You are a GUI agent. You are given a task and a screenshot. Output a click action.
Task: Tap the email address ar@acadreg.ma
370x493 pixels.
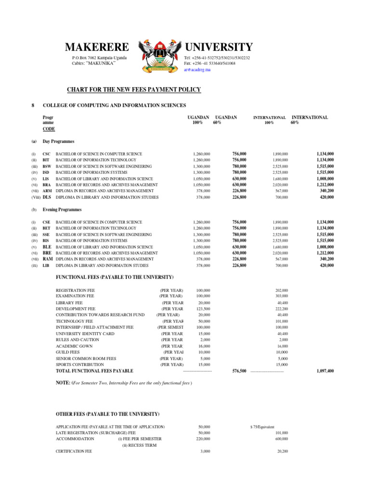point(197,70)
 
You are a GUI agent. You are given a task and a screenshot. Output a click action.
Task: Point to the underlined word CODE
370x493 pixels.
point(49,129)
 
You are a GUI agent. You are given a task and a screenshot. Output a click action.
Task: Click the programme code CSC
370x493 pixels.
point(46,154)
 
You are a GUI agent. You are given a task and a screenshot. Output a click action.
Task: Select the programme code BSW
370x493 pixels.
point(47,166)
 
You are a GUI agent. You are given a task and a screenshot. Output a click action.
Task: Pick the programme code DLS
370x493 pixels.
point(47,197)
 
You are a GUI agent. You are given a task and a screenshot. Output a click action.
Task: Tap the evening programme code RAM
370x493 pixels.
point(47,259)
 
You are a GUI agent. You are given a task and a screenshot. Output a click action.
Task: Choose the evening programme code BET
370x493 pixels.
point(46,228)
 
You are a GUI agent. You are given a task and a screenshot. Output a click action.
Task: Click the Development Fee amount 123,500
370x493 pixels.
point(204,309)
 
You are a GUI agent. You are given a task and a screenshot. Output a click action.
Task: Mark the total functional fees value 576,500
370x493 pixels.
point(239,371)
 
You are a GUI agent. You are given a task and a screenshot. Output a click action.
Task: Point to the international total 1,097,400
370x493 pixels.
point(325,371)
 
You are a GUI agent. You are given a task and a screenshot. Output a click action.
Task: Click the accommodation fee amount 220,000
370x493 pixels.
point(204,439)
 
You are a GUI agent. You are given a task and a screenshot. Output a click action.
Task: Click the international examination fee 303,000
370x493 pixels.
point(282,296)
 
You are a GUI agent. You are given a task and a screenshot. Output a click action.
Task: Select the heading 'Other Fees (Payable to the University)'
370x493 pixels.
point(107,415)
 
